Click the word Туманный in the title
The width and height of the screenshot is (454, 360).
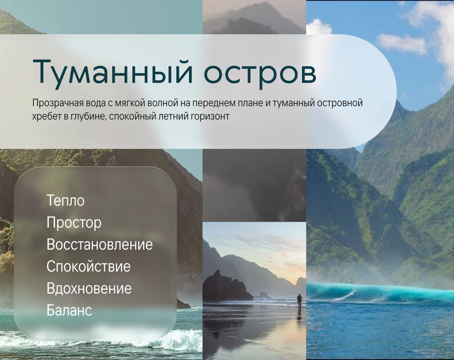coord(113,73)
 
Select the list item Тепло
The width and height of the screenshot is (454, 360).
coord(65,200)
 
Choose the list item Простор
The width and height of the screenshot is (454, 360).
coord(74,223)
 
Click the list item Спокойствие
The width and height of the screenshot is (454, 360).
coord(88,266)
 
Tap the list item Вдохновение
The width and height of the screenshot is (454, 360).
coord(89,288)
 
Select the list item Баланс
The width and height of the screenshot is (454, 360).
coord(69,310)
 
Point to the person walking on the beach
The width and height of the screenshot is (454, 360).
coord(299,301)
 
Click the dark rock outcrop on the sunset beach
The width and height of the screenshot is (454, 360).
coord(226,285)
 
